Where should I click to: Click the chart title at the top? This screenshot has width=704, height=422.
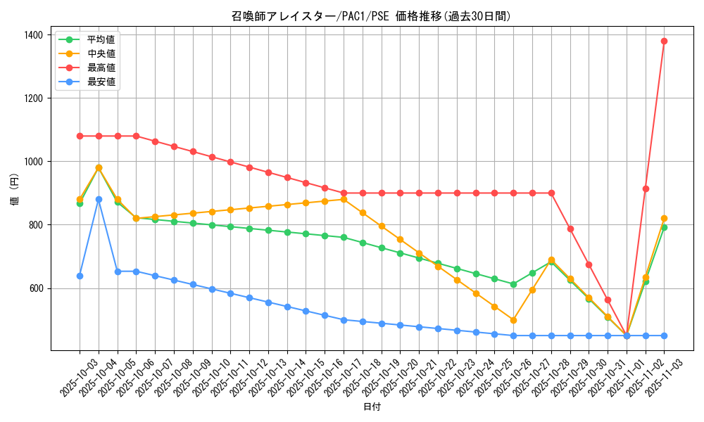point(371,16)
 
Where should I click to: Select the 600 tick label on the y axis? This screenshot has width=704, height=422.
point(37,288)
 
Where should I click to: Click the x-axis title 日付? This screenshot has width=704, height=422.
point(372,407)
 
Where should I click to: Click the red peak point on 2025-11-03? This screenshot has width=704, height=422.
point(664,41)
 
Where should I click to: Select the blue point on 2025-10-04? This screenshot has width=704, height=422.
point(99,199)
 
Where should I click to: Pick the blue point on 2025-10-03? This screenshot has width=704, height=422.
point(80,276)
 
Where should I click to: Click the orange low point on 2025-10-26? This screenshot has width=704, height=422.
point(513,320)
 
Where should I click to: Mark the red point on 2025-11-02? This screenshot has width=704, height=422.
point(646,188)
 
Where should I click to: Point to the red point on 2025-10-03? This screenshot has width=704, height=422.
point(80,136)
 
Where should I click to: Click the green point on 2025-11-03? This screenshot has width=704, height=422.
point(664,227)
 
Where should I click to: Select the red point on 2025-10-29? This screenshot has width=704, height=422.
point(570,229)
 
